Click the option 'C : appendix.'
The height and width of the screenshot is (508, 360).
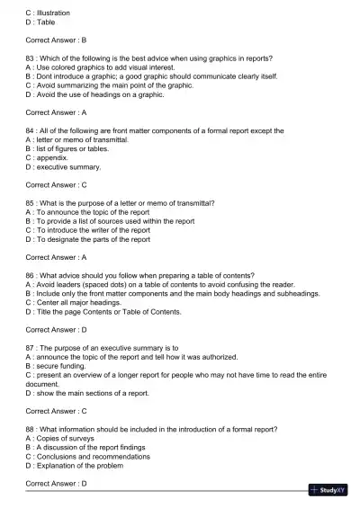[53, 157]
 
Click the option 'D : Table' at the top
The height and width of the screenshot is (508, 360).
[41, 22]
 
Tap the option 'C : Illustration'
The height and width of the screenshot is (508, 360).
[49, 13]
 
